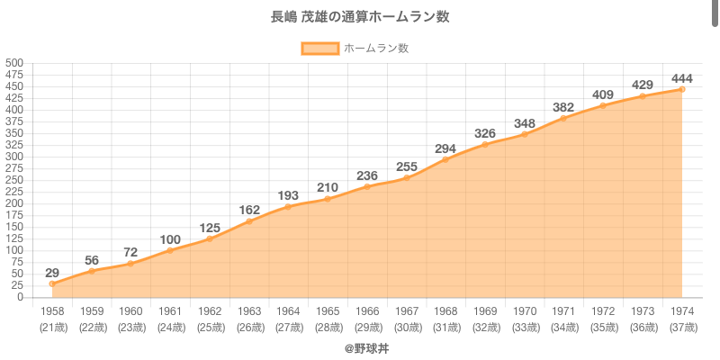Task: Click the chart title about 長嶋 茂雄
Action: (x=360, y=17)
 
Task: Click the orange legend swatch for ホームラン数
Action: (x=320, y=49)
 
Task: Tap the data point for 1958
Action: (x=52, y=283)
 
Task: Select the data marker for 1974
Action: (x=682, y=89)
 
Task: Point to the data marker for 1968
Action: (x=445, y=159)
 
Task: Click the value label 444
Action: (x=681, y=76)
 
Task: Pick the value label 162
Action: (x=249, y=210)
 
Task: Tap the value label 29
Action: (x=52, y=272)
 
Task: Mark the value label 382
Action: (x=563, y=106)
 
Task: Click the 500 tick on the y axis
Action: (x=14, y=63)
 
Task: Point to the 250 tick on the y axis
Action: (x=14, y=180)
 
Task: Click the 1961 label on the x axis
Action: (x=170, y=311)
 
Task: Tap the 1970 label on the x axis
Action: (x=525, y=311)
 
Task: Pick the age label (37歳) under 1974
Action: (x=682, y=327)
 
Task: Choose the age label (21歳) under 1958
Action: (x=52, y=327)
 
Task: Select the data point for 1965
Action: (x=328, y=199)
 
